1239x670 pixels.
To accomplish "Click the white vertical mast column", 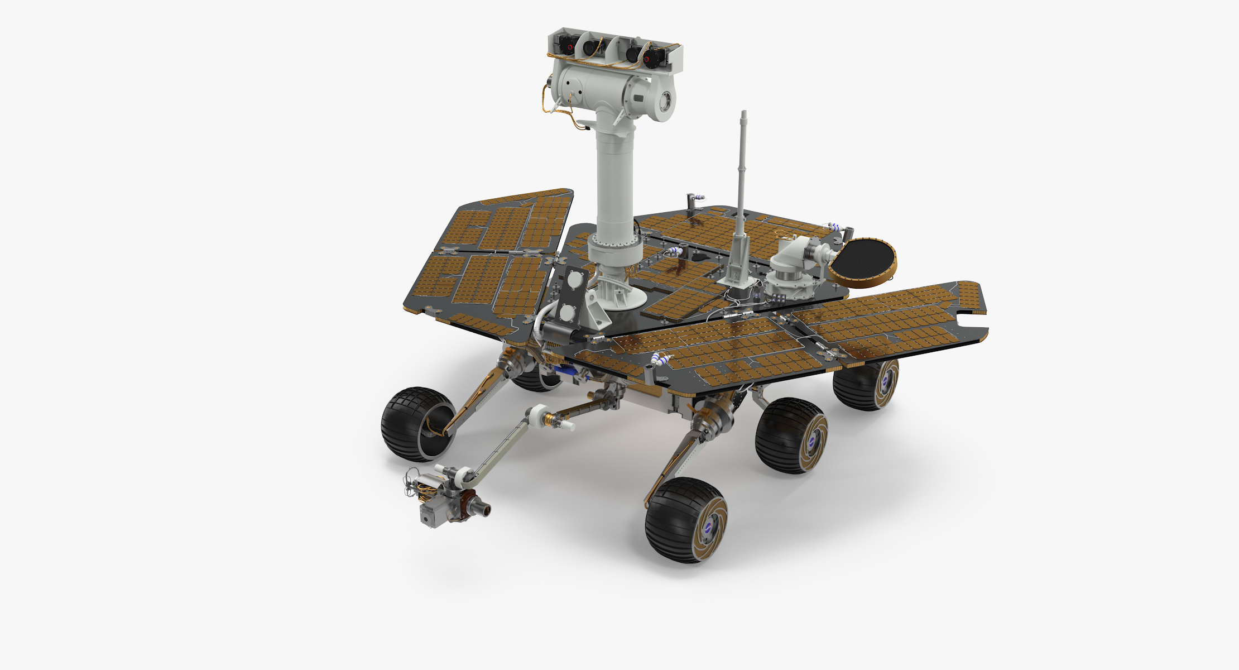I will pyautogui.click(x=614, y=179).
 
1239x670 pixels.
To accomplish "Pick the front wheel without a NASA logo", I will pyautogui.click(x=416, y=424).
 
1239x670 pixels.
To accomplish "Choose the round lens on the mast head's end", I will pyautogui.click(x=665, y=102).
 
